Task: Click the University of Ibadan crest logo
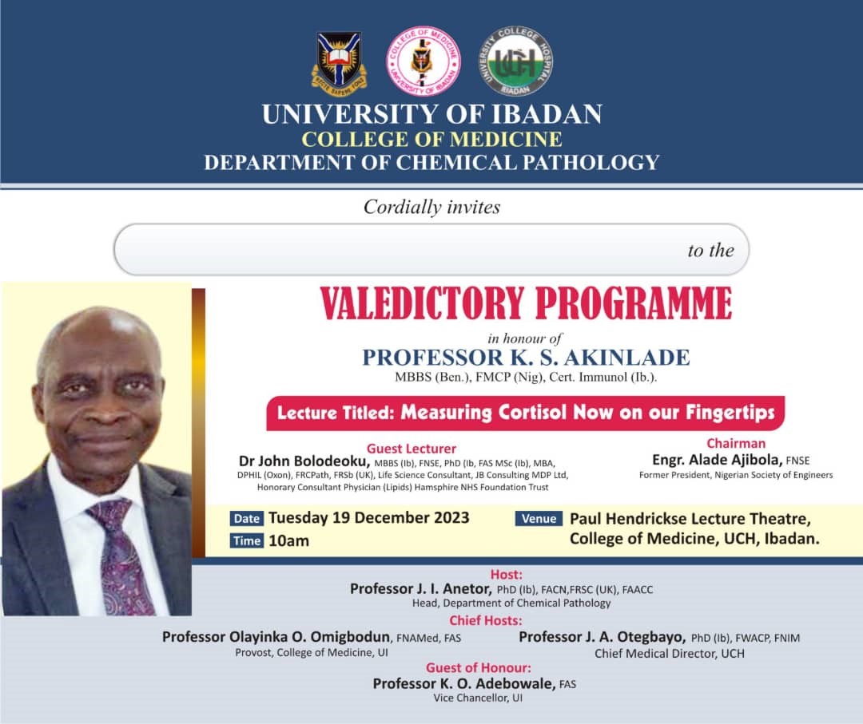coord(340,62)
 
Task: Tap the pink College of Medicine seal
coord(424,61)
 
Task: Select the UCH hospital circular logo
coord(515,61)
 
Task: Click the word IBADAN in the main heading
coord(547,114)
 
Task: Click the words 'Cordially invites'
coord(431,208)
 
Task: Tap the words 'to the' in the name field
coord(710,251)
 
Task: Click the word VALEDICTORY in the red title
coord(422,303)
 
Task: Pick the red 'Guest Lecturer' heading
coord(412,449)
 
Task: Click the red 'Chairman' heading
coord(736,443)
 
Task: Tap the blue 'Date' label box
coord(247,518)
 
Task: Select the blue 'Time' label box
coord(247,541)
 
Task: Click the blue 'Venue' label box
coord(539,518)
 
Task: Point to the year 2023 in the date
coord(450,518)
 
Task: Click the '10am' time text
coord(289,541)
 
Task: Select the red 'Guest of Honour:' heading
coord(479,668)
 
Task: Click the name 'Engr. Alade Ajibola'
coord(717,460)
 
